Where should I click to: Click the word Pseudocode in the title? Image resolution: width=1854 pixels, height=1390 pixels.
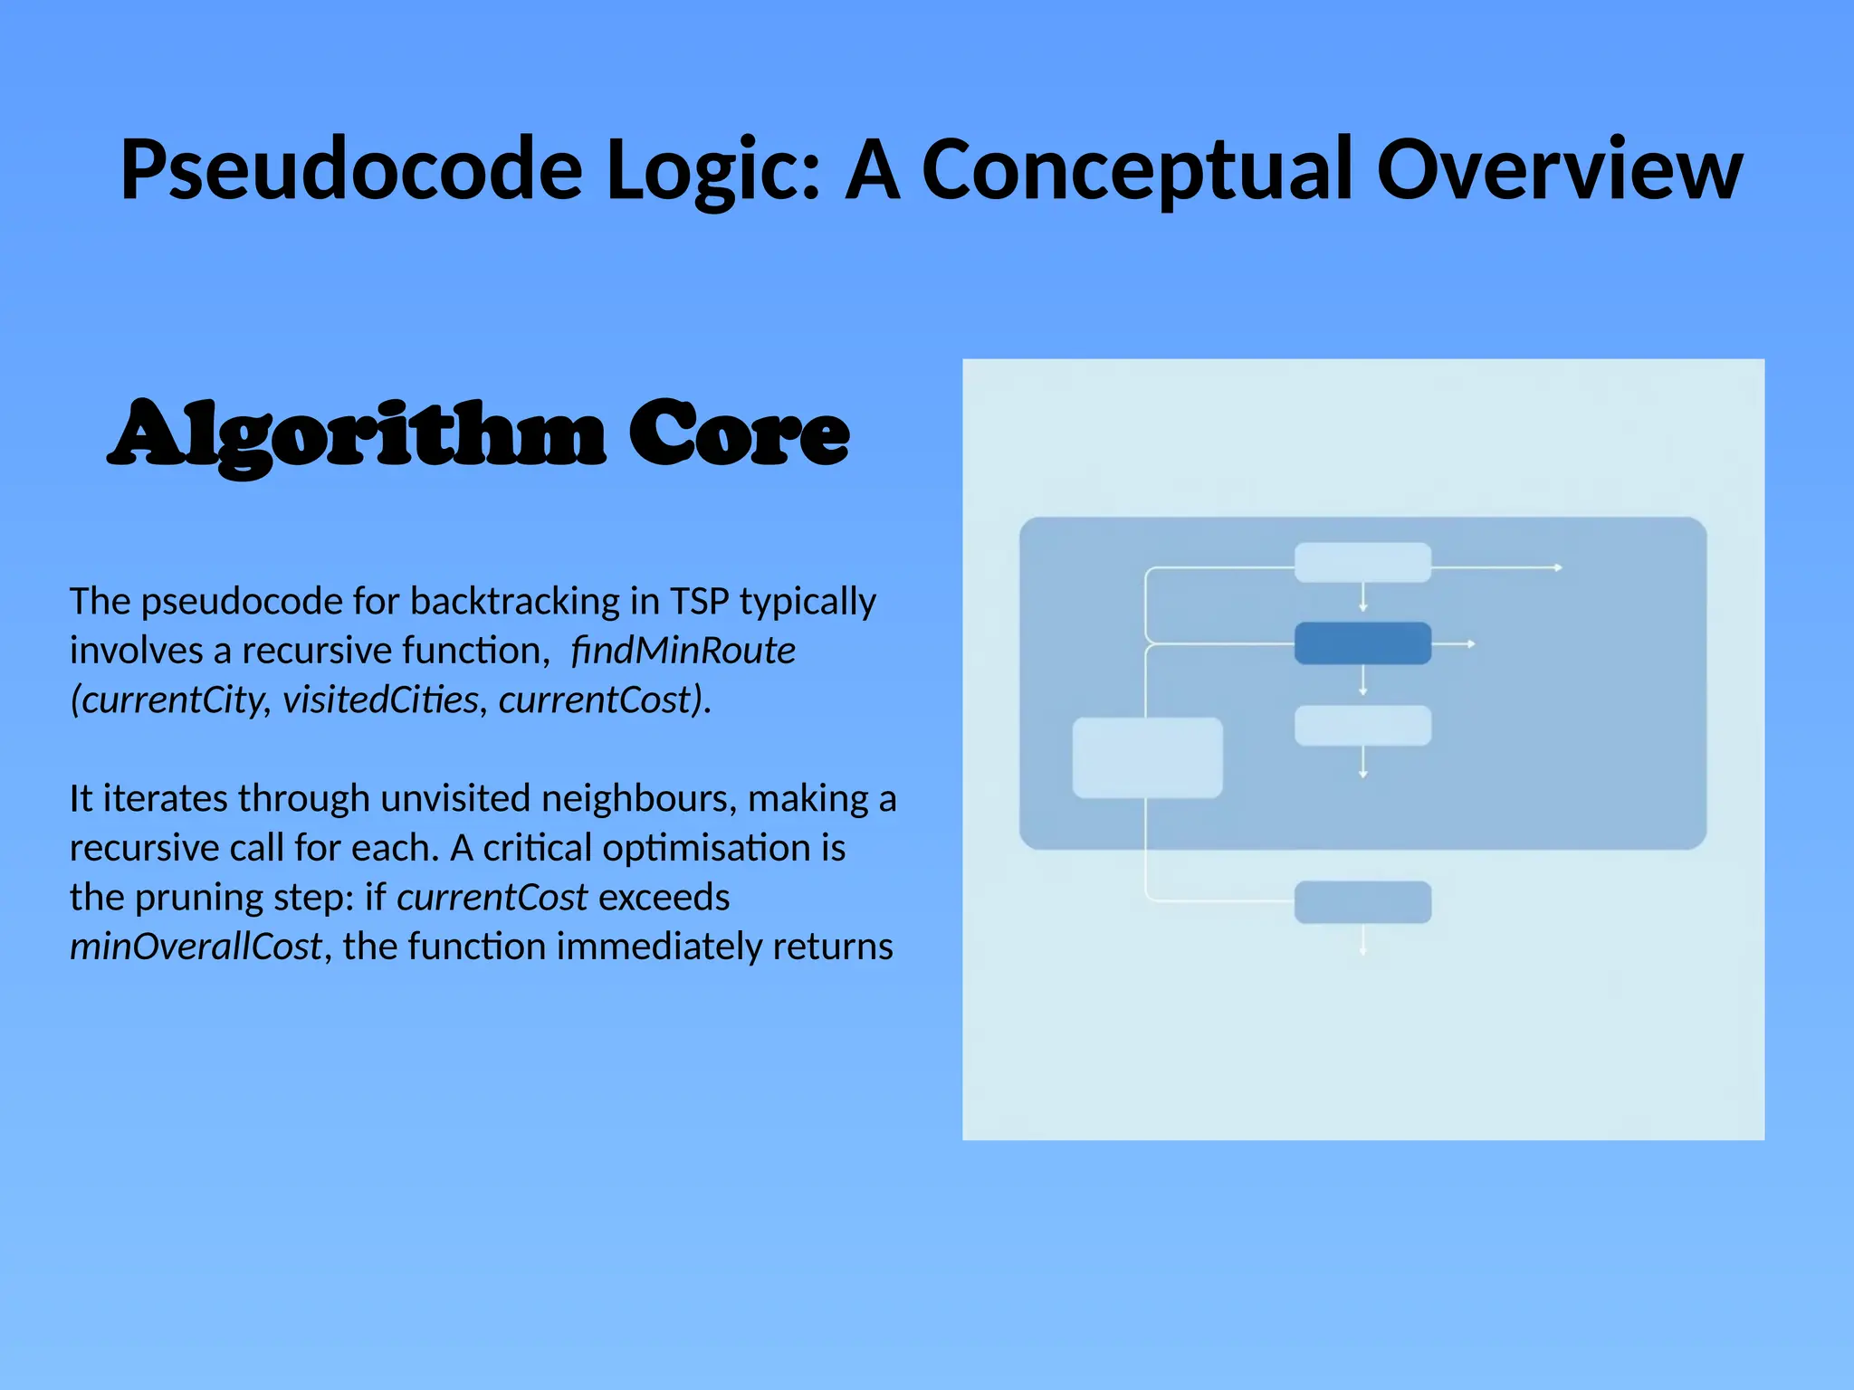(351, 169)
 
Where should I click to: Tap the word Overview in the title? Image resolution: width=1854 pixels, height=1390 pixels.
(1558, 169)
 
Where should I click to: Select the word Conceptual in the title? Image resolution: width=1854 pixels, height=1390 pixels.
(1136, 169)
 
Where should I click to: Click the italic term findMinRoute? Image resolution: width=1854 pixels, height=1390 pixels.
(683, 650)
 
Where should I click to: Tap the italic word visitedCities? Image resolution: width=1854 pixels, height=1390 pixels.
(380, 700)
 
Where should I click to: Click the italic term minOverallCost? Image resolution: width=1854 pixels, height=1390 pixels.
(196, 947)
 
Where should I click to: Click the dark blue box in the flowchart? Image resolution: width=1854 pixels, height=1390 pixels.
(1362, 643)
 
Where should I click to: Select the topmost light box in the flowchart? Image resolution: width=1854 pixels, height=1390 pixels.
(1362, 563)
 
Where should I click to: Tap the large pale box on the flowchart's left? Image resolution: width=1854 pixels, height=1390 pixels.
(1147, 757)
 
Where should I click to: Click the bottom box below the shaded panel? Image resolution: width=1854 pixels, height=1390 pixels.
(1362, 902)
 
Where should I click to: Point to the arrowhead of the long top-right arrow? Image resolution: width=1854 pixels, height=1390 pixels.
(1558, 567)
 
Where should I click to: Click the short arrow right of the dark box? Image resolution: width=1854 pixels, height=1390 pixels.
(1456, 643)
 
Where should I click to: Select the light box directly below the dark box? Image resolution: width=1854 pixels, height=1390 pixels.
(1362, 726)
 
